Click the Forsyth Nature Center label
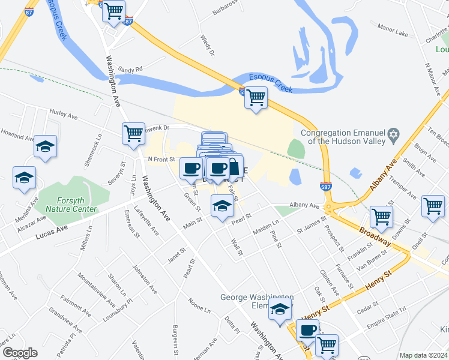tap(73, 205)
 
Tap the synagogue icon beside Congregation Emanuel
tap(394, 133)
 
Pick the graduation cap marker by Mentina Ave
tap(24, 177)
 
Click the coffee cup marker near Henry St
tap(307, 329)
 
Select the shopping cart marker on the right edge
tap(432, 206)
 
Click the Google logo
tap(20, 353)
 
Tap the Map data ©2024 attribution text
tap(423, 355)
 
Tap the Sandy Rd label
tap(130, 69)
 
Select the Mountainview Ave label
tap(97, 285)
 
